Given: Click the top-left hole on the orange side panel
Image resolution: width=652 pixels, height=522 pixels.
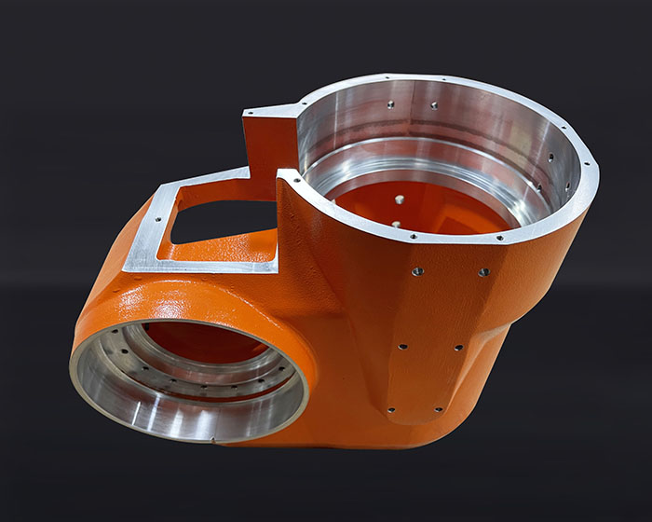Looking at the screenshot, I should click(417, 271).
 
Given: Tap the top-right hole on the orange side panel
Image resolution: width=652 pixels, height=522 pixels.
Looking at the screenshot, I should click(483, 272).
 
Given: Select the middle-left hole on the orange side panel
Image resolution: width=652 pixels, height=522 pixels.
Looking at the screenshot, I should click(402, 347).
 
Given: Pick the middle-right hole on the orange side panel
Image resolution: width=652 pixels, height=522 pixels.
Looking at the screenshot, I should click(457, 348).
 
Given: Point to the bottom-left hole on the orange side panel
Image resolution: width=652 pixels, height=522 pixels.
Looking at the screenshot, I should click(390, 409).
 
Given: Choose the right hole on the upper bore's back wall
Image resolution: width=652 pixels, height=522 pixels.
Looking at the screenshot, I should click(433, 106).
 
